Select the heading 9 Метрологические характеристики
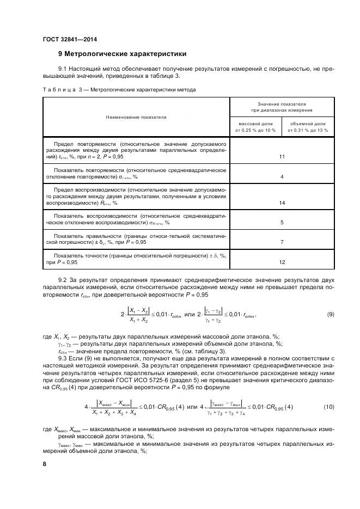click(122, 54)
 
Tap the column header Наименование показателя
click(136, 116)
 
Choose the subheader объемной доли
click(308, 127)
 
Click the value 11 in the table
click(282, 157)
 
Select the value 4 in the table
click(282, 177)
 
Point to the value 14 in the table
click(282, 203)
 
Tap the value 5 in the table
click(282, 223)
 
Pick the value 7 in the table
click(282, 242)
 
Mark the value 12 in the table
click(282, 262)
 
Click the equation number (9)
click(331, 314)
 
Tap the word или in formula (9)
click(190, 314)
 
